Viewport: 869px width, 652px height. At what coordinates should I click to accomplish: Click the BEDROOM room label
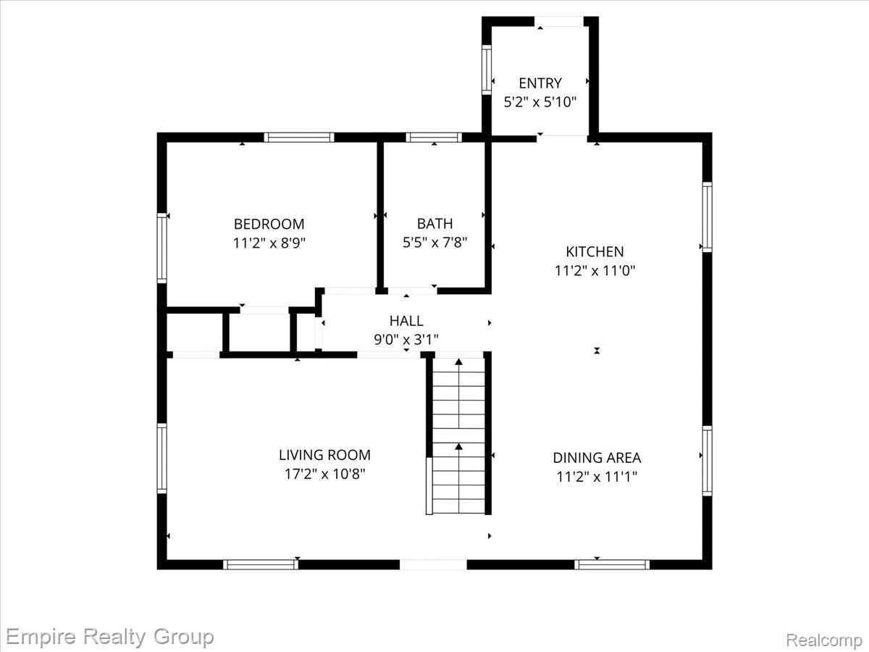click(x=269, y=224)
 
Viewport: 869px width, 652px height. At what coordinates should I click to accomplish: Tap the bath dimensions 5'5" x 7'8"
click(x=434, y=242)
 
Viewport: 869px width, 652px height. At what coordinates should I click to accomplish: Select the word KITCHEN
click(x=595, y=252)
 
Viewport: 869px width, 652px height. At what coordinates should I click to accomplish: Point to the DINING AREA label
click(x=597, y=458)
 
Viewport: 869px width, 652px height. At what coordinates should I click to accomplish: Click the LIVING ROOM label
click(x=324, y=455)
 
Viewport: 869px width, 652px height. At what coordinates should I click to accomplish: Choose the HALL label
click(x=406, y=321)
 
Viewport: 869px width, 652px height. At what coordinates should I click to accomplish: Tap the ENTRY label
click(x=540, y=83)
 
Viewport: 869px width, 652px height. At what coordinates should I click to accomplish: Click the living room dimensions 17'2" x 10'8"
click(x=324, y=474)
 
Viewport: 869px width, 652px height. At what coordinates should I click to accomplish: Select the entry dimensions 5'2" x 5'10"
click(x=540, y=102)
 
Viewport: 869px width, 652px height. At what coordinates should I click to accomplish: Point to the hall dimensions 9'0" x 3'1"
click(x=406, y=339)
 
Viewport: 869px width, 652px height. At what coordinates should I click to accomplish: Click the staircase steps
click(x=458, y=435)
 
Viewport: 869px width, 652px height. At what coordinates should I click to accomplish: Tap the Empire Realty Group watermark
click(x=109, y=638)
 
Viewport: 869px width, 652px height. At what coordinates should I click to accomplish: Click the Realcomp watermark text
click(x=824, y=640)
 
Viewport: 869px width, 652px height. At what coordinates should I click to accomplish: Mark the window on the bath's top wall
click(x=434, y=138)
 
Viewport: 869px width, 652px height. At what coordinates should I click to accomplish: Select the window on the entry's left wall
click(x=487, y=70)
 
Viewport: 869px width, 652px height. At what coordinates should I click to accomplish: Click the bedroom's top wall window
click(x=299, y=138)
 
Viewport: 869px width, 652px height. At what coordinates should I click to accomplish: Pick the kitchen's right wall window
click(x=707, y=217)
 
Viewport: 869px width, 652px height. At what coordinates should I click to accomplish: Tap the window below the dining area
click(x=612, y=564)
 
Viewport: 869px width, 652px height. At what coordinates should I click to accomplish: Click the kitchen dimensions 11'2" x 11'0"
click(x=595, y=271)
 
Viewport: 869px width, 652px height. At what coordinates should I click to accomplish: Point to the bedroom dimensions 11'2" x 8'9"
click(x=269, y=243)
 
